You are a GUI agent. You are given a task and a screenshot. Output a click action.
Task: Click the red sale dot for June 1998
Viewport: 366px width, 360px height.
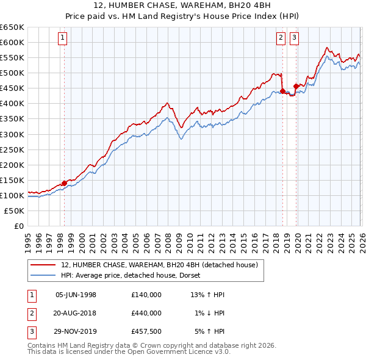click(x=64, y=182)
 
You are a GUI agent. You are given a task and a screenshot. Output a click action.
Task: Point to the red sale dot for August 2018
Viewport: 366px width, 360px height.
click(x=282, y=91)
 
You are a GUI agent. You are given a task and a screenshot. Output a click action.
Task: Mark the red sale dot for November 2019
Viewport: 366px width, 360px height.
click(x=296, y=85)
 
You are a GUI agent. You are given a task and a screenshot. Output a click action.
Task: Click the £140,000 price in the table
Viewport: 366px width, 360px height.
click(x=146, y=295)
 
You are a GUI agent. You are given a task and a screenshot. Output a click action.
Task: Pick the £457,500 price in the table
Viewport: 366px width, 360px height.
click(x=146, y=331)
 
